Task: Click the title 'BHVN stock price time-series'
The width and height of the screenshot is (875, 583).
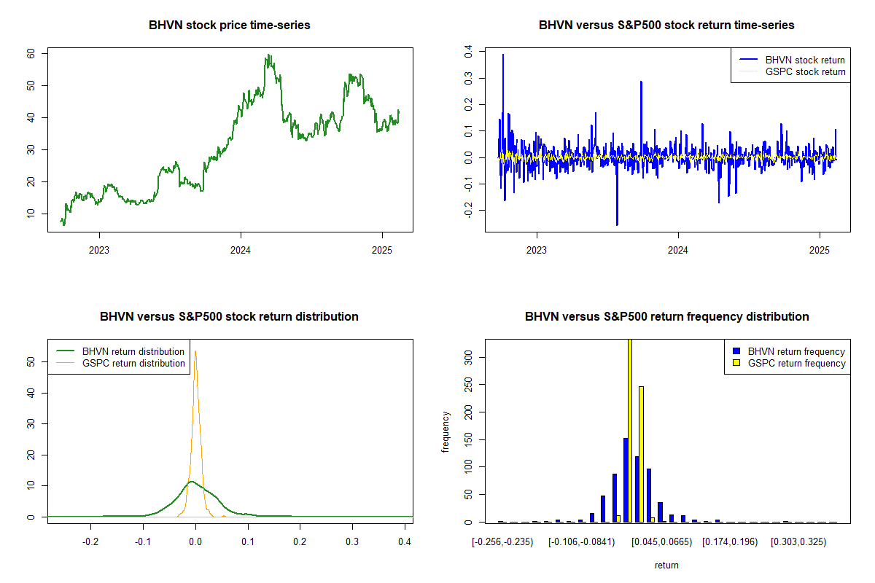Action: click(229, 25)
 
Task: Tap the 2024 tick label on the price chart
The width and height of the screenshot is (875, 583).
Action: click(240, 250)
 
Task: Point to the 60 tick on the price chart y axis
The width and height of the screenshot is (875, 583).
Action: click(31, 53)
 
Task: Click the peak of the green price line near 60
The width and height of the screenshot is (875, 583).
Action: click(268, 55)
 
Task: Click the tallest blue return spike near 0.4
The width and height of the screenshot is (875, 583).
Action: click(503, 55)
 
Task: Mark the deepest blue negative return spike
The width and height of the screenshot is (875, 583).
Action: click(617, 224)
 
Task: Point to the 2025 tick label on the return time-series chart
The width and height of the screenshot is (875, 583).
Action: click(819, 250)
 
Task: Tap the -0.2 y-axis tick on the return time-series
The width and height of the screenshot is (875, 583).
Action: click(468, 210)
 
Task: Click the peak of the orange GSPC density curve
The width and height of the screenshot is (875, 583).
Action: click(195, 351)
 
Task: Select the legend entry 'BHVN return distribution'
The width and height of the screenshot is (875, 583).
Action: click(120, 351)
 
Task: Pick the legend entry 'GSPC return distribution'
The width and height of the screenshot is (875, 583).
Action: click(120, 363)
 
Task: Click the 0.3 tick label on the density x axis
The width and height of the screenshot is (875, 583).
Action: click(352, 541)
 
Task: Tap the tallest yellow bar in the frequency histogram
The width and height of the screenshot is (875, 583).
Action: click(630, 430)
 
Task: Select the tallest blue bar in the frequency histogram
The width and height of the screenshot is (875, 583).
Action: click(626, 480)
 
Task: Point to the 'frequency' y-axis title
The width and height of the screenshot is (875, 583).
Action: click(446, 431)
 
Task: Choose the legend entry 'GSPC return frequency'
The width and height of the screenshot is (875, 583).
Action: click(789, 363)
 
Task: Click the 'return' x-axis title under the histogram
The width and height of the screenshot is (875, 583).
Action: click(666, 565)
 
